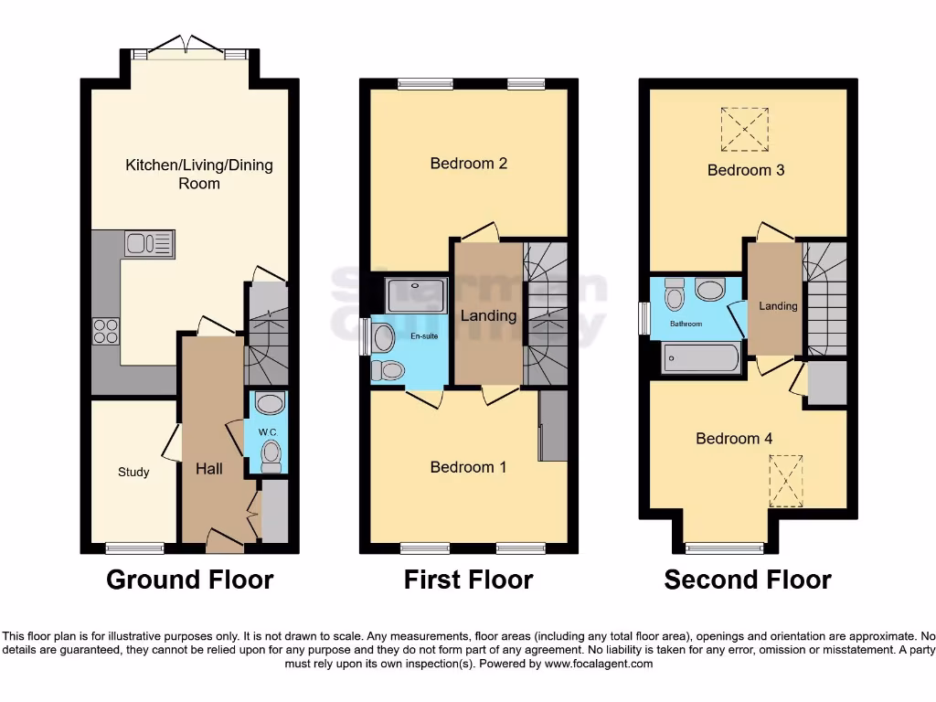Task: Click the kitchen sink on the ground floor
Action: coord(149,244)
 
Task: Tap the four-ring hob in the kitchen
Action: coord(105,330)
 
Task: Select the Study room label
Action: coord(133,473)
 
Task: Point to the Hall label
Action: coord(209,469)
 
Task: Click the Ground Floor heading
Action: coord(189,580)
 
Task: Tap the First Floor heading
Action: coord(468,580)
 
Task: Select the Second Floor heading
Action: coord(748,580)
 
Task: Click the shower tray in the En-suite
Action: coord(417,295)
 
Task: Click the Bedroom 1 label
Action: coord(468,467)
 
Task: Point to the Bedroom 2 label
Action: coord(468,164)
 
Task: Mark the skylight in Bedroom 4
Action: coord(785,481)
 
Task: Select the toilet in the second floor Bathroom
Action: coord(675,293)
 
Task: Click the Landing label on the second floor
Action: coord(779,306)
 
